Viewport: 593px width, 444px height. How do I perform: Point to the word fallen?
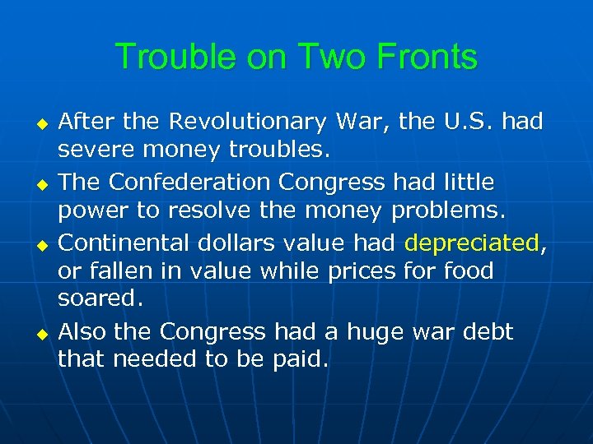click(x=125, y=271)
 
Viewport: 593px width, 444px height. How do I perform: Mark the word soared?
click(x=100, y=300)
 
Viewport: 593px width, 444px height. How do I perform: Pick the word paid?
click(x=301, y=360)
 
